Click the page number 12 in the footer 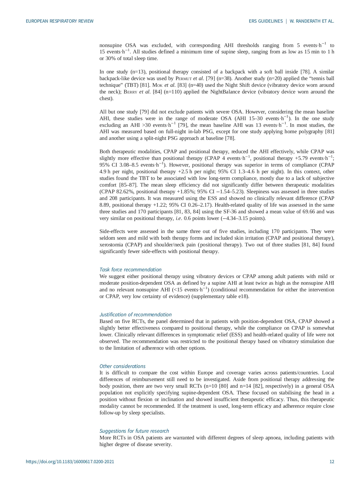(332, 462)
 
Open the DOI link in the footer (70, 462)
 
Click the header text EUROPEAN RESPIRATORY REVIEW (60, 21)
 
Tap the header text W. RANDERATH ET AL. (312, 21)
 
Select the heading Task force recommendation (130, 270)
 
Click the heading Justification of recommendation (135, 315)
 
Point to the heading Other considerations (122, 366)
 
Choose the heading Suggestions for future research (134, 431)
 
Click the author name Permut (184, 79)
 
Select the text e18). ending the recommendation (243, 297)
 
